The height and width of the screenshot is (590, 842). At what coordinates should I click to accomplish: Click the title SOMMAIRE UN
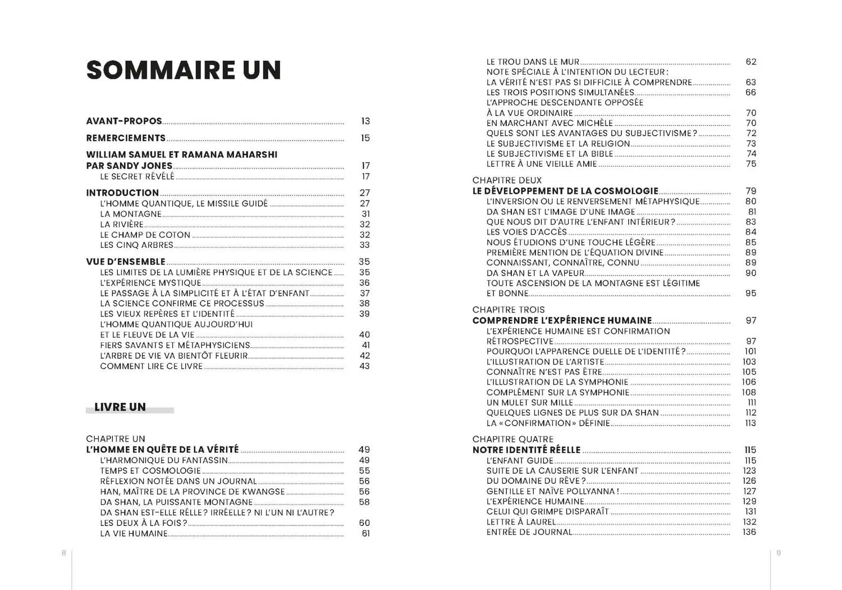pyautogui.click(x=184, y=70)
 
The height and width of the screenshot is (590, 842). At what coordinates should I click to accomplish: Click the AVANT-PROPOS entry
pyautogui.click(x=124, y=121)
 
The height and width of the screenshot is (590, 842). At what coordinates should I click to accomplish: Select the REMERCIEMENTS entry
pyautogui.click(x=126, y=138)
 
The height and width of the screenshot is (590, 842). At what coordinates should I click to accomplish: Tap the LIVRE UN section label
pyautogui.click(x=120, y=407)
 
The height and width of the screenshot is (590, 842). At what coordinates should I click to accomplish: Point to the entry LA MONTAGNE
pyautogui.click(x=131, y=214)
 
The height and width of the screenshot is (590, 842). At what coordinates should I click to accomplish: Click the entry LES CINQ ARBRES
pyautogui.click(x=136, y=245)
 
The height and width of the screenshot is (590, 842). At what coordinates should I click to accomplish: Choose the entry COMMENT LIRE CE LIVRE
pyautogui.click(x=151, y=366)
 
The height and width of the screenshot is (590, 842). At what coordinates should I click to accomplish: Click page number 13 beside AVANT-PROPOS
pyautogui.click(x=365, y=121)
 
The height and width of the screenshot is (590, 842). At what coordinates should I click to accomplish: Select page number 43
pyautogui.click(x=364, y=366)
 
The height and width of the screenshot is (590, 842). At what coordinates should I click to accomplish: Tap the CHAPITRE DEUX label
pyautogui.click(x=507, y=180)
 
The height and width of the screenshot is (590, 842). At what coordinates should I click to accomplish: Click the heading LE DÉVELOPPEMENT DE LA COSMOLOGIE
pyautogui.click(x=565, y=191)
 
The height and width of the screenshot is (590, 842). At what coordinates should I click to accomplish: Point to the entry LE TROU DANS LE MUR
pyautogui.click(x=533, y=62)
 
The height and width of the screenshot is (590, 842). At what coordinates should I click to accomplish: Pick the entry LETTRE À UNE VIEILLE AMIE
pyautogui.click(x=542, y=164)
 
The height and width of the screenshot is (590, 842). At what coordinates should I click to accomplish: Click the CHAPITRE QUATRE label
pyautogui.click(x=512, y=439)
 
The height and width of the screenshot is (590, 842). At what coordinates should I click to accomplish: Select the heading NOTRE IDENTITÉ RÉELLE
pyautogui.click(x=527, y=450)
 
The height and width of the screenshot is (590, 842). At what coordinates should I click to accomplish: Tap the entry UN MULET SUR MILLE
pyautogui.click(x=529, y=403)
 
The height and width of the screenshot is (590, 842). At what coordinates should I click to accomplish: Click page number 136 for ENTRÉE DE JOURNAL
pyautogui.click(x=749, y=532)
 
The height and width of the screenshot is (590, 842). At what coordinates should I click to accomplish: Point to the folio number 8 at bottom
pyautogui.click(x=64, y=553)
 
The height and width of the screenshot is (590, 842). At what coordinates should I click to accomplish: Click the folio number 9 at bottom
pyautogui.click(x=779, y=553)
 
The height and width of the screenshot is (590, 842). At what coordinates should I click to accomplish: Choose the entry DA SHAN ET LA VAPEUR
pyautogui.click(x=536, y=273)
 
